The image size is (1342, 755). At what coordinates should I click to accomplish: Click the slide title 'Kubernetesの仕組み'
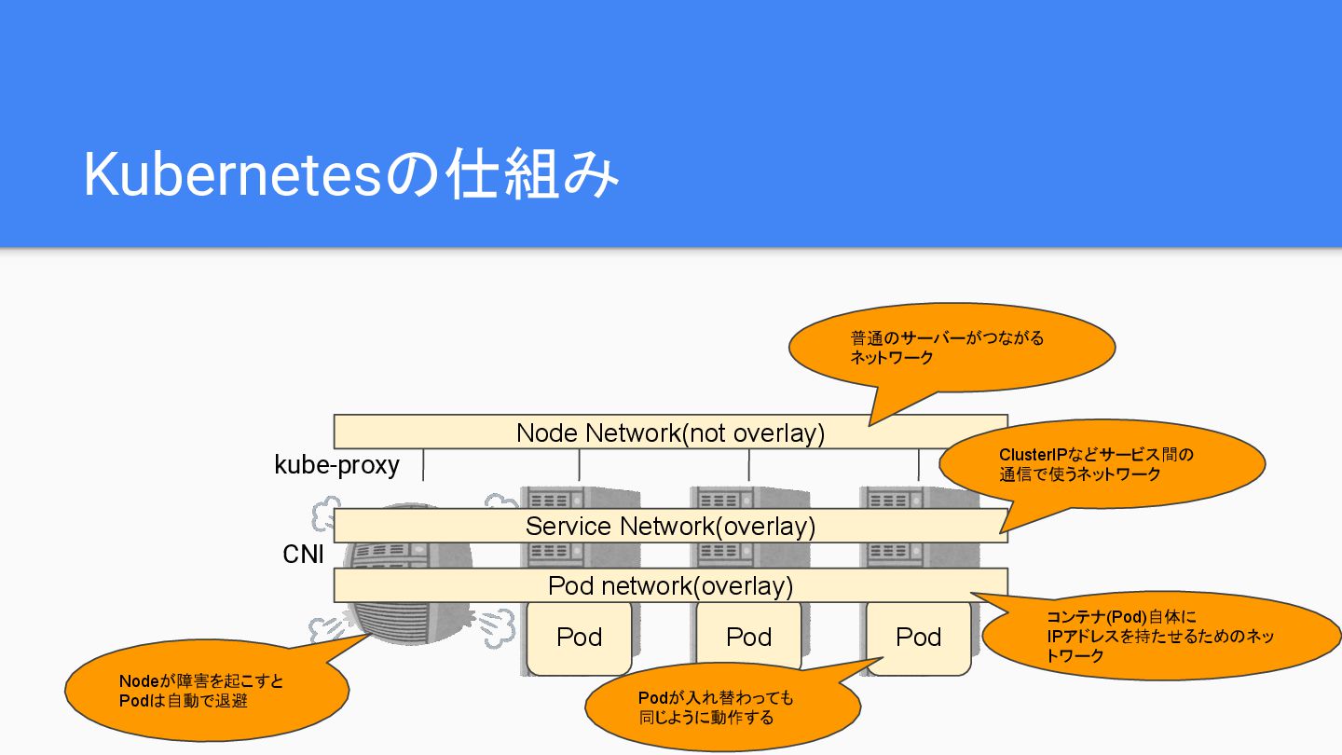(350, 174)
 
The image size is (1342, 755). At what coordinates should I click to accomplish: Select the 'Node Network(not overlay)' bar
(670, 432)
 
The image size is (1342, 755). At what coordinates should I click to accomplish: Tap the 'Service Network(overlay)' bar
(670, 526)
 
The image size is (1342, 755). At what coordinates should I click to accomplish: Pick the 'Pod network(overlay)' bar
(670, 585)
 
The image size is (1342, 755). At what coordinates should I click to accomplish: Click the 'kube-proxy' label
(336, 464)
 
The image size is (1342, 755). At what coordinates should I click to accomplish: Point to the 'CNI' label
(303, 554)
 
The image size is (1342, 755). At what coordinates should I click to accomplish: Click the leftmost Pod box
(579, 638)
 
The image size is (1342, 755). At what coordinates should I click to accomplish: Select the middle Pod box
(748, 638)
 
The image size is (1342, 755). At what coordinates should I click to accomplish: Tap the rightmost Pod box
(918, 638)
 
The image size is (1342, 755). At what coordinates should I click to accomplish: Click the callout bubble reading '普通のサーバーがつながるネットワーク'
(952, 347)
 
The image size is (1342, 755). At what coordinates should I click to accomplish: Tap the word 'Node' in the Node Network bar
(547, 432)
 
